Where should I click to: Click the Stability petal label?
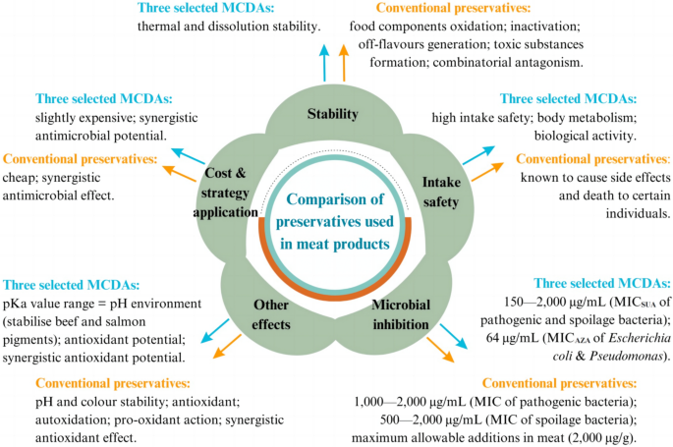[332, 115]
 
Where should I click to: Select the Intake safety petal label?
[442, 191]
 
